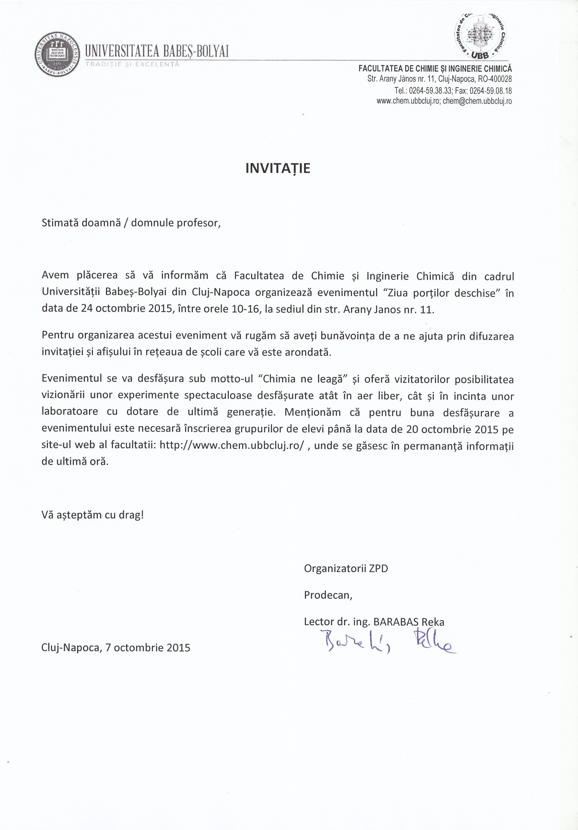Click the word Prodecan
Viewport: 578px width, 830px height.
pos(328,595)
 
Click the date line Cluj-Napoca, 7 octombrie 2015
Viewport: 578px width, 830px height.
pos(116,647)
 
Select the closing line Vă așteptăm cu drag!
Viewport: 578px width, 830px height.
pos(93,515)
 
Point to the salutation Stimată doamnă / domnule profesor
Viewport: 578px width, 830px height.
pos(131,223)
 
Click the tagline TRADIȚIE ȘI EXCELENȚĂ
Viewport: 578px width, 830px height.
pos(132,64)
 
